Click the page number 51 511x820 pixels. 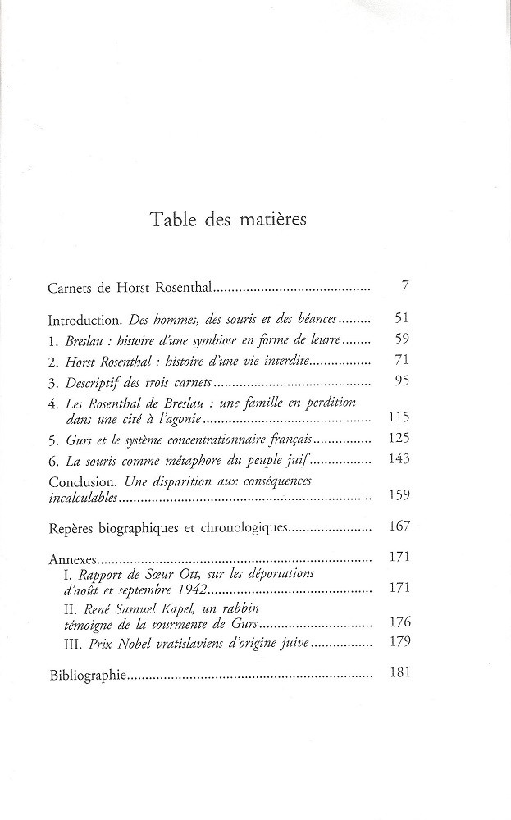(x=401, y=318)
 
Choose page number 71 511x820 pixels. (x=401, y=360)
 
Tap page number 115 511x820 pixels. (x=398, y=417)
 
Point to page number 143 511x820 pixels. (x=398, y=459)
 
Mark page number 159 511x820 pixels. (x=398, y=495)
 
